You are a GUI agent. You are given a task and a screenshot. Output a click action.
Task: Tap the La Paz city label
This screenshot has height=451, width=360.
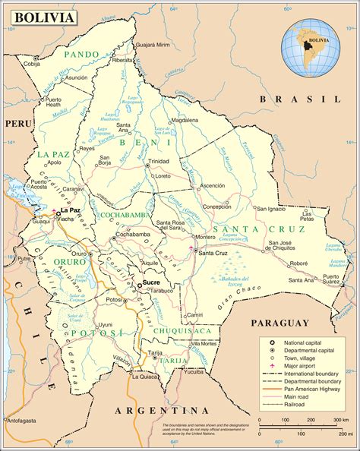click(x=70, y=210)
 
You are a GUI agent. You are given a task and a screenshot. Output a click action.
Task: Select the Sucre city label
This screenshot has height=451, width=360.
click(x=151, y=282)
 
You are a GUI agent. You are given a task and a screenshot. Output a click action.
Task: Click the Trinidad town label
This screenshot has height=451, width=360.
click(x=159, y=162)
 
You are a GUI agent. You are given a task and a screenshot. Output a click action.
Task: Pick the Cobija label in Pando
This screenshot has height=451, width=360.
click(x=31, y=64)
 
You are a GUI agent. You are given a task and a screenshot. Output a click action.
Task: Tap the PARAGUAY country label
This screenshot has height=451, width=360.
click(x=281, y=322)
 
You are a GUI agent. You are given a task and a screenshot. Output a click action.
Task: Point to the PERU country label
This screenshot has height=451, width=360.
click(x=15, y=122)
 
